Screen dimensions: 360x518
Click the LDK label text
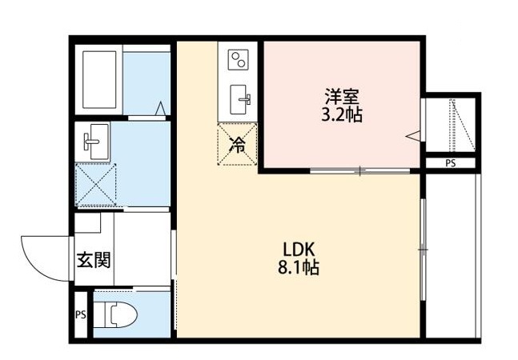tap(298, 246)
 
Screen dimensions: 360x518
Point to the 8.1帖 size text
tap(298, 268)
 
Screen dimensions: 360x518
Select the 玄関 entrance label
tap(92, 259)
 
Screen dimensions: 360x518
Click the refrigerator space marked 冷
tap(238, 145)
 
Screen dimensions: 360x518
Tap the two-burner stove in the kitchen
tap(239, 61)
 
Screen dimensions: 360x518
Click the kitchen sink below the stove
tap(239, 99)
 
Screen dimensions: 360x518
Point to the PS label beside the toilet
tap(80, 314)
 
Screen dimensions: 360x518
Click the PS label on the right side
tap(450, 164)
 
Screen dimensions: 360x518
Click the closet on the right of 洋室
tap(451, 125)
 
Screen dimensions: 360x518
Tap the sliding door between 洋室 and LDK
tap(360, 170)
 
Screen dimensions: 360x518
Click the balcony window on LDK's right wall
tap(423, 250)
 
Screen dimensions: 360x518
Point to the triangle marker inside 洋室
tap(413, 137)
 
